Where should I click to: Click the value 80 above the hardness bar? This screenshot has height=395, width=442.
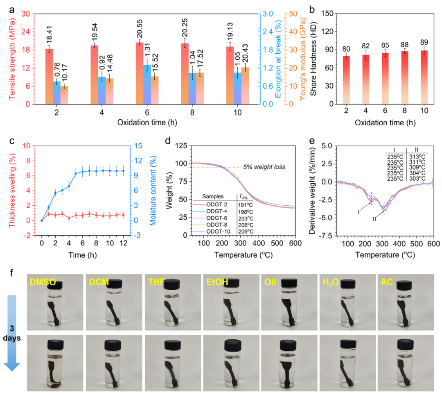click(346, 48)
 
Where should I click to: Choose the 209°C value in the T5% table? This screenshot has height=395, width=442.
click(247, 231)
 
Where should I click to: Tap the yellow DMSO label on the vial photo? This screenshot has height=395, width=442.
click(42, 282)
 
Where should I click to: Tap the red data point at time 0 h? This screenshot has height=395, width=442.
click(41, 220)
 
